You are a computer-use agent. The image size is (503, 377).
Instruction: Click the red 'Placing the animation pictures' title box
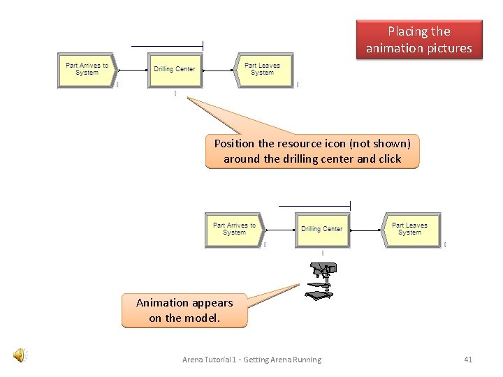[x=419, y=40]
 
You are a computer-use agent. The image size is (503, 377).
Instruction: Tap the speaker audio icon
[x=20, y=356]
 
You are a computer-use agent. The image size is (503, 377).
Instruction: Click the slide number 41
[x=468, y=360]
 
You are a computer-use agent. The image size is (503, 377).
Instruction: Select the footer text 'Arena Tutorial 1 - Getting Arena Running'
[x=251, y=360]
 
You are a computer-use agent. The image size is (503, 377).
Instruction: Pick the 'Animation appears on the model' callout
[x=184, y=311]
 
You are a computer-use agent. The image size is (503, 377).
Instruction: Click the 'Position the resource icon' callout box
[x=312, y=151]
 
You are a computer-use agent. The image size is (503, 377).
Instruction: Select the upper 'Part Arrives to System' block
[x=87, y=69]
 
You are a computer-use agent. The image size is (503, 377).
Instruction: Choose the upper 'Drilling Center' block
[x=175, y=69]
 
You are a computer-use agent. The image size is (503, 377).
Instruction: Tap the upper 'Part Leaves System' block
[x=263, y=69]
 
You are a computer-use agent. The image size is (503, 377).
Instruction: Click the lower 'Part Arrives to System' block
[x=235, y=229]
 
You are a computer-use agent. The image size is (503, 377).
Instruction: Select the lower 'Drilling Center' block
[x=322, y=229]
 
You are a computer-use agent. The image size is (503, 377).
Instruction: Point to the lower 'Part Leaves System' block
[x=410, y=229]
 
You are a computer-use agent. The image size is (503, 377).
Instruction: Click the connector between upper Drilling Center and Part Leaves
[x=219, y=70]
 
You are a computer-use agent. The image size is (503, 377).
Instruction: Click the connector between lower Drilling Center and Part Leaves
[x=366, y=230]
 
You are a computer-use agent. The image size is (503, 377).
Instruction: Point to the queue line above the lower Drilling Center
[x=314, y=206]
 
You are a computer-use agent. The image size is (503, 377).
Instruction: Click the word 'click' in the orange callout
[x=390, y=159]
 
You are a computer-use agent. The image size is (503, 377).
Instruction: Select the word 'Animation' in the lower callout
[x=164, y=303]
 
